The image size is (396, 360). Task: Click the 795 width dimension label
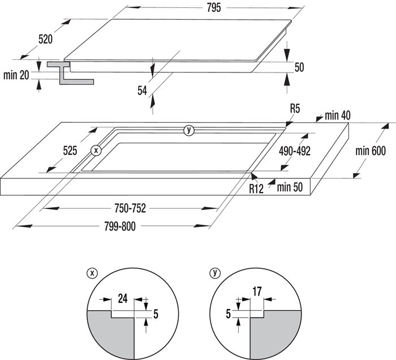point(214,8)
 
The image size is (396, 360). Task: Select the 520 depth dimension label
point(45,40)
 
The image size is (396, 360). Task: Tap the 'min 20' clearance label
point(16,75)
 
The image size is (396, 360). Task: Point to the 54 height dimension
point(142,91)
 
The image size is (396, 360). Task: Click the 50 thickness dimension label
point(299,67)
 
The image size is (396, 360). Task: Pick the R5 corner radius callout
point(295,109)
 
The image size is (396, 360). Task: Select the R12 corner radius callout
point(256,188)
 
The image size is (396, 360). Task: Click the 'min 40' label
point(338,115)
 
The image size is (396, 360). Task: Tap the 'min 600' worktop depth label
point(371,151)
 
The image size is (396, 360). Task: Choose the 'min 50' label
point(290,187)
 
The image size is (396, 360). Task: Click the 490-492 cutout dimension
point(295,151)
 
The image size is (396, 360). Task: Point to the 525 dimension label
point(70,151)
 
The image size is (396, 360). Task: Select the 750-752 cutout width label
point(130,208)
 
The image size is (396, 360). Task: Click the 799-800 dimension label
point(120,226)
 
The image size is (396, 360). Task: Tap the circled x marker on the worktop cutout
point(96,151)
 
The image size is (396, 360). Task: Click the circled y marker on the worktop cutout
point(189,130)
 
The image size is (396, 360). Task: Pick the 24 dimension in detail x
point(123,299)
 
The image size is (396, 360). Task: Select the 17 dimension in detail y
point(257,292)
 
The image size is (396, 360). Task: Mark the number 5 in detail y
point(229,314)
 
